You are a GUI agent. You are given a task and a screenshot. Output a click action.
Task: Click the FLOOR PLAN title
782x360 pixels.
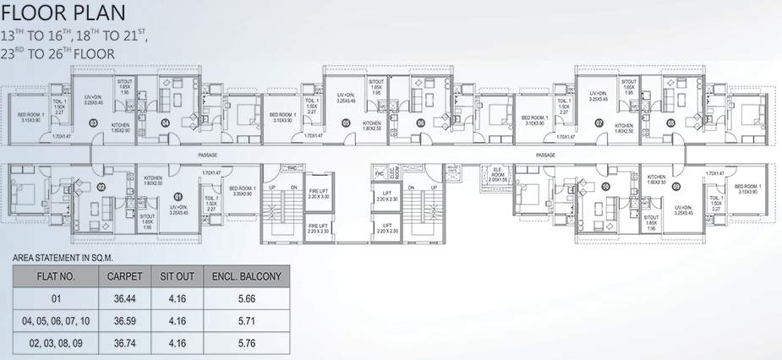pos(64,14)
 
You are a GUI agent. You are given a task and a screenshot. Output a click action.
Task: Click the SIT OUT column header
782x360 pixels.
pos(178,275)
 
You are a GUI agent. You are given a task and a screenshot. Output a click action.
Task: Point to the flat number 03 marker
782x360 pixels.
pos(93,123)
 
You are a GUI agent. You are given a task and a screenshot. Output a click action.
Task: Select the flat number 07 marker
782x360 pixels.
pos(599,123)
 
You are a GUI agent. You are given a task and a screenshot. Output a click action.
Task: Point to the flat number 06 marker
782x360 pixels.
pos(420,123)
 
